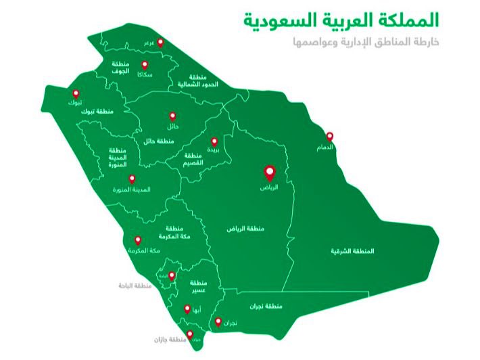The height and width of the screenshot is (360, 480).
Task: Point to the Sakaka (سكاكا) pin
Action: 144,65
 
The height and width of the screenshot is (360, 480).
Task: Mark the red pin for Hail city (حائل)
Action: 172,116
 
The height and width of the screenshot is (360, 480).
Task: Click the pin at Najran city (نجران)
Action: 218,323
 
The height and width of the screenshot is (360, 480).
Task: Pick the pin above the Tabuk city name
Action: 76,93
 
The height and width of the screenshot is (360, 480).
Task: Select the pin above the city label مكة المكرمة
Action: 138,240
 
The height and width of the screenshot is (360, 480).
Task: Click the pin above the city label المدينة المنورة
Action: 132,179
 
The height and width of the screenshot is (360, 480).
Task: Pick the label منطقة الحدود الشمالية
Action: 196,82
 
